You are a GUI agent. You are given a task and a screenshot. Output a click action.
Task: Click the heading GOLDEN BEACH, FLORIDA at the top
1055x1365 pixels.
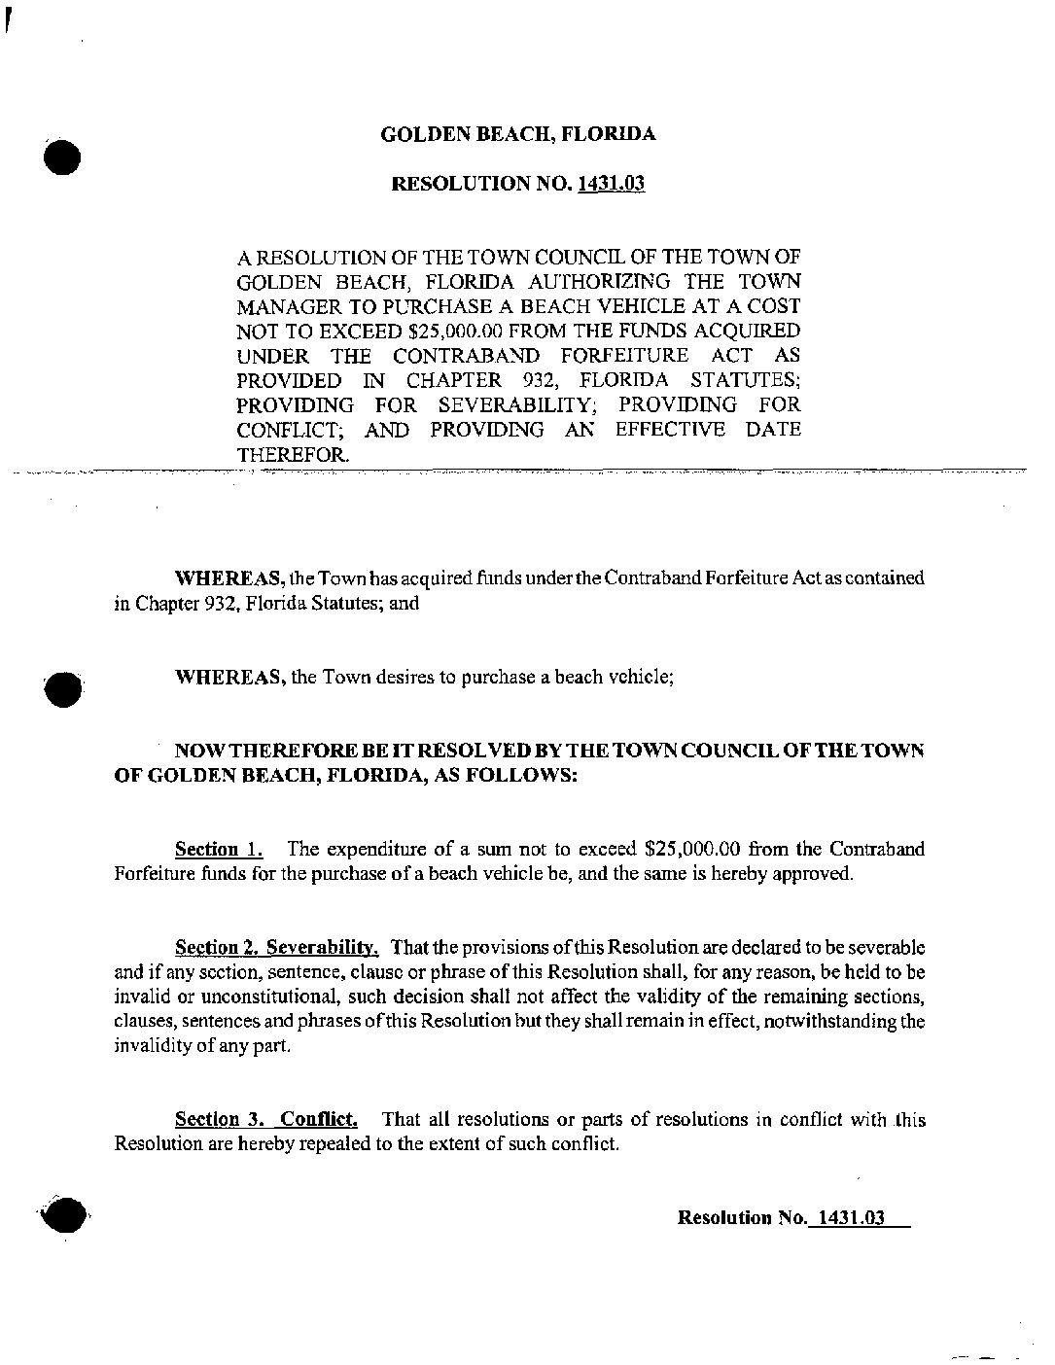[x=517, y=134]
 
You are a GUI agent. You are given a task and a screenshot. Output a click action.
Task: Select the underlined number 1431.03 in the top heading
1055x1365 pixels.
[x=612, y=184]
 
